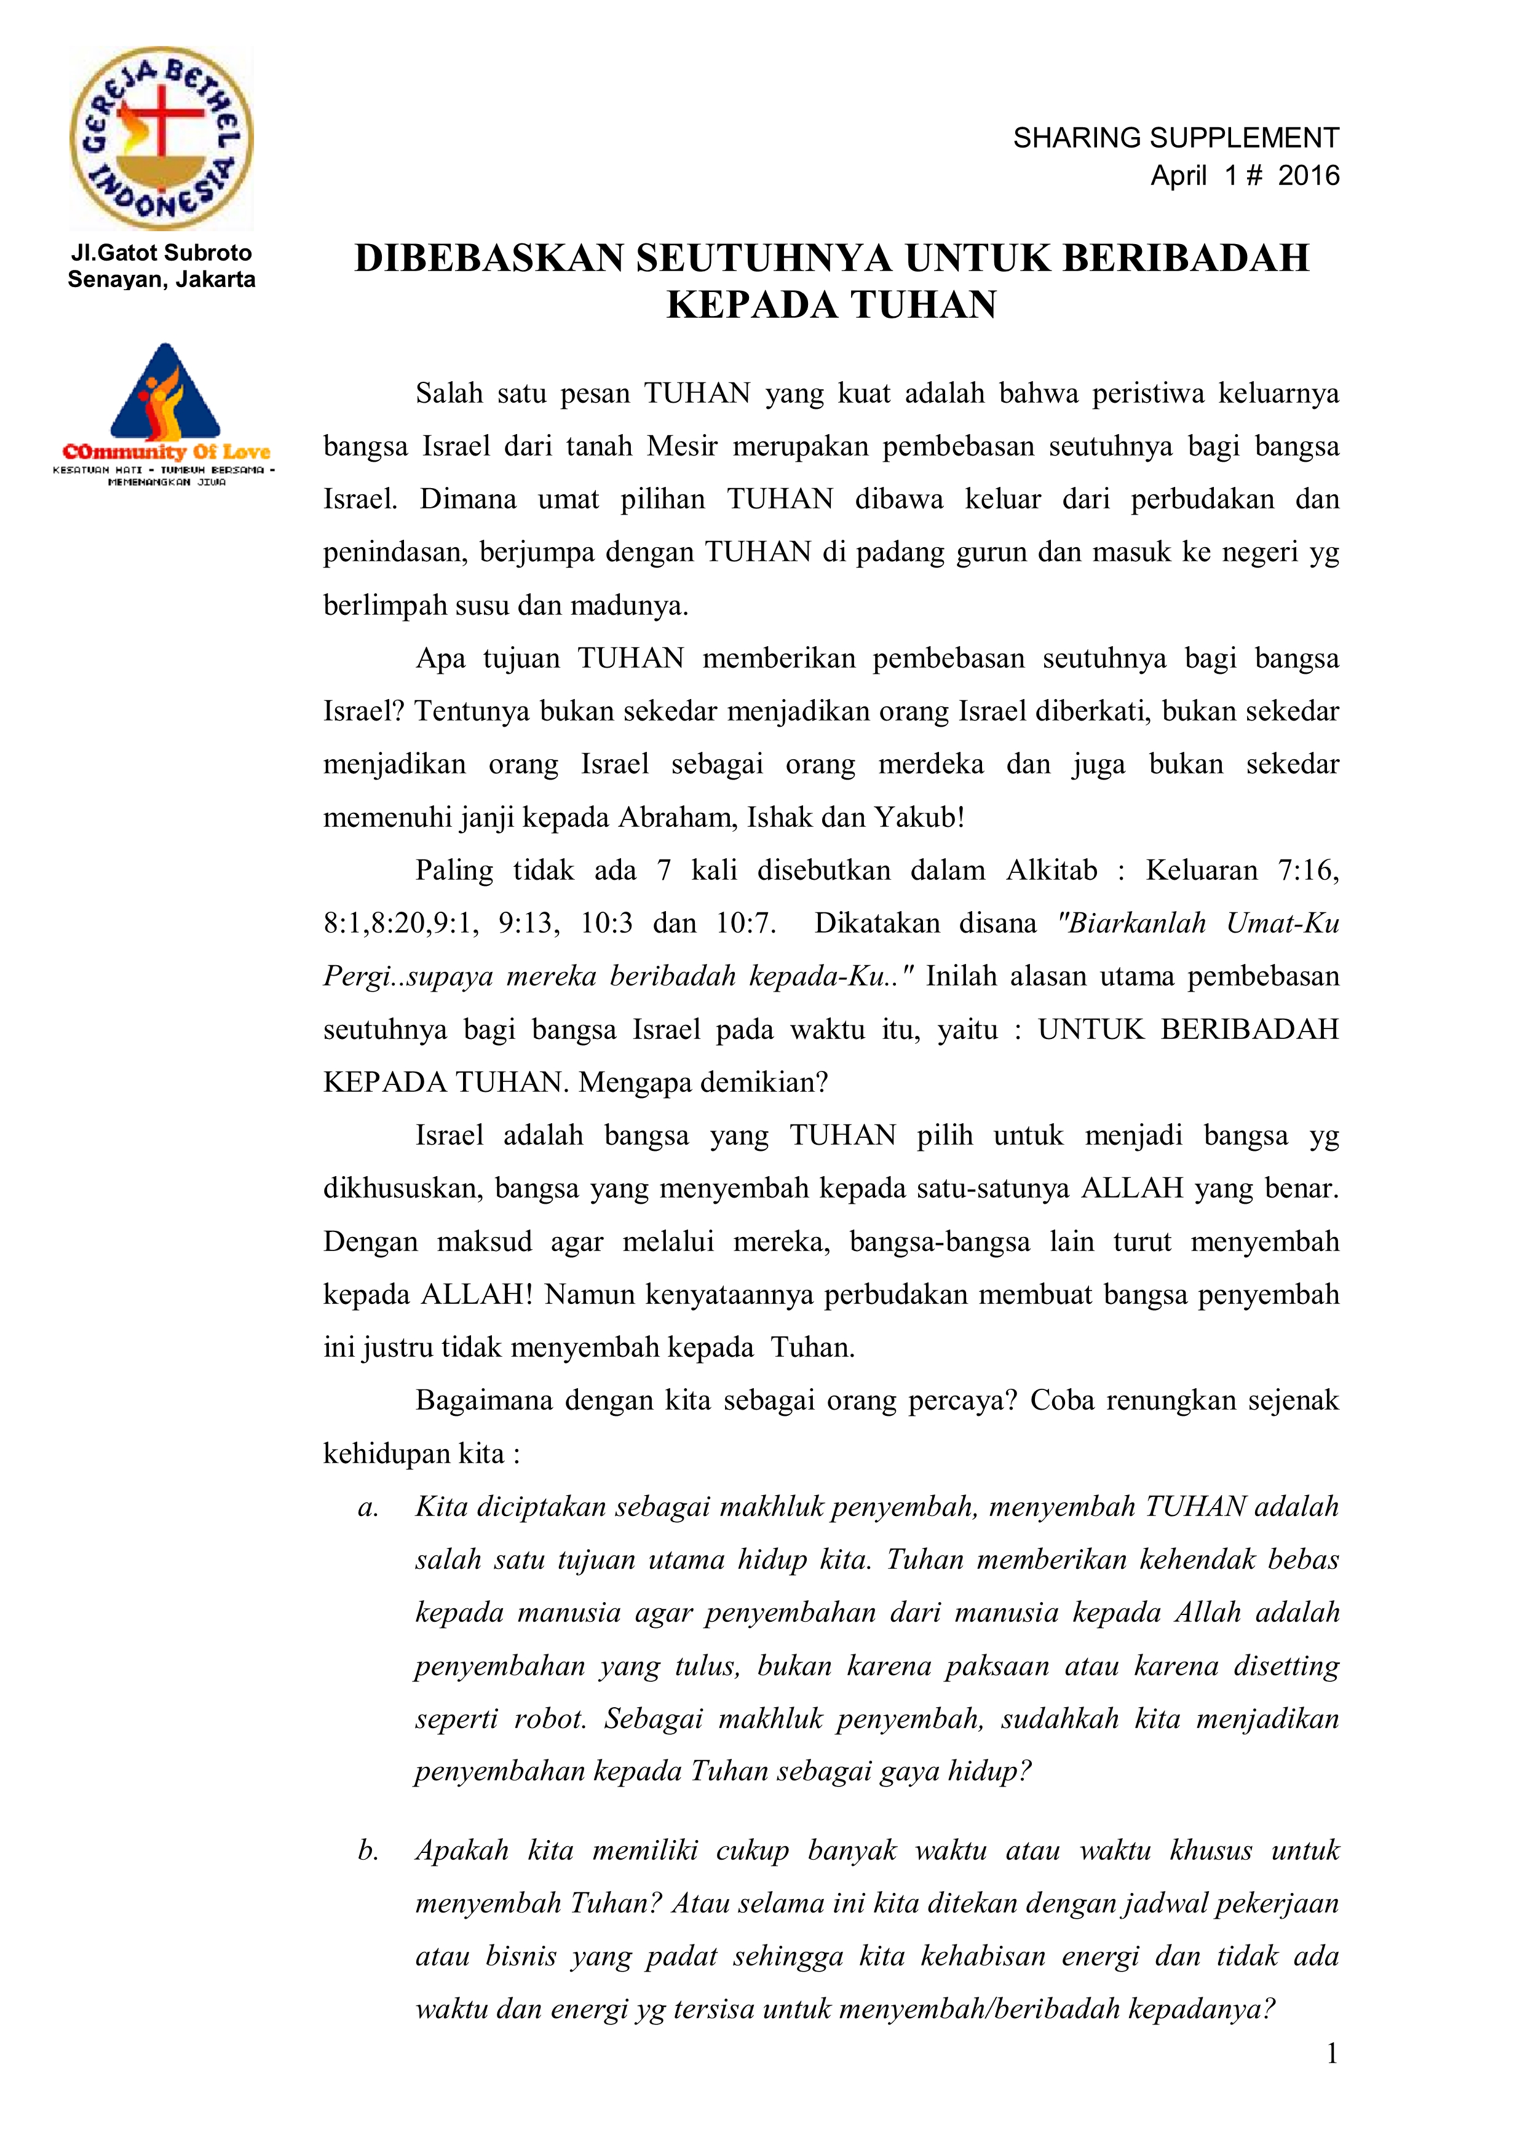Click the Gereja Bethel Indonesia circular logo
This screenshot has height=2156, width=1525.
[x=162, y=139]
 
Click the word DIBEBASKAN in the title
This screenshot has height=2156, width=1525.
[x=489, y=258]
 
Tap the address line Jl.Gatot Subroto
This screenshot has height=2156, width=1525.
[x=162, y=253]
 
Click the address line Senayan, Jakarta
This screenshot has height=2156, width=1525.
[x=162, y=279]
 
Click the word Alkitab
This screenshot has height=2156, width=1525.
[x=1052, y=871]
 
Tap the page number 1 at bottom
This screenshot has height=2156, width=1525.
[x=1331, y=2054]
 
